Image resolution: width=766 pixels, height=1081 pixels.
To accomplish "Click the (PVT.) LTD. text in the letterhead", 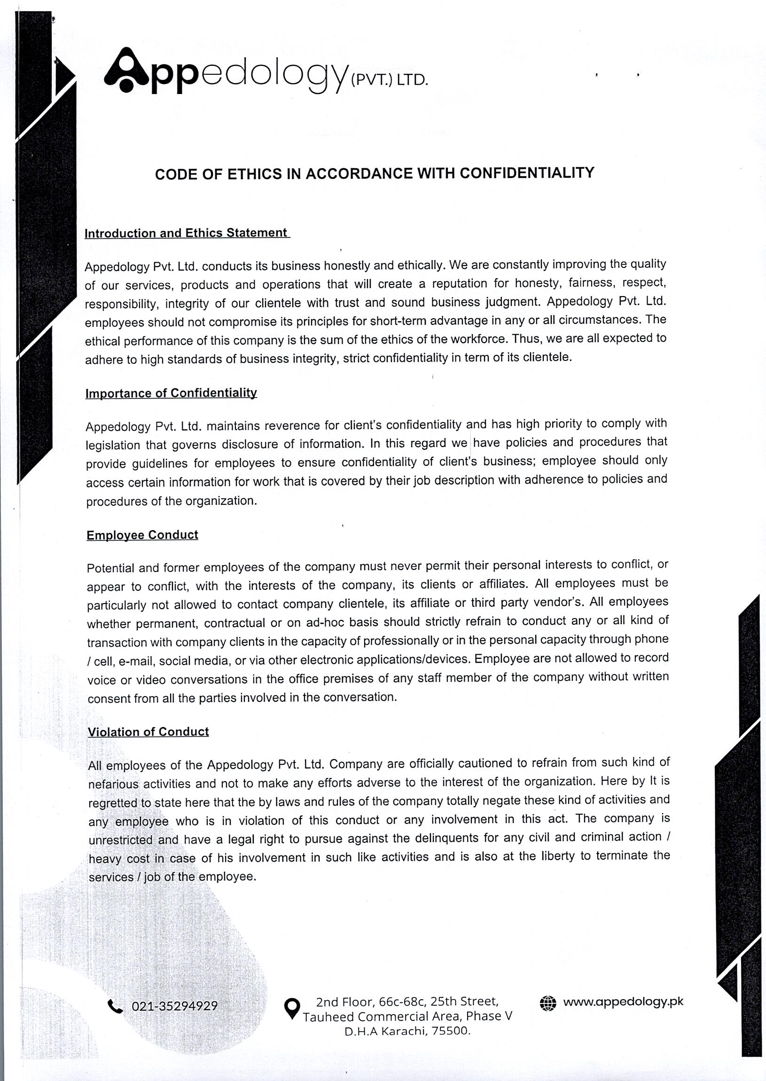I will click(389, 81).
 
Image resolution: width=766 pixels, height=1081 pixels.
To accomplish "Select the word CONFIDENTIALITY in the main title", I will click(526, 173).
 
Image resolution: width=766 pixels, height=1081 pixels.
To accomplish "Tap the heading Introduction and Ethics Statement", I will click(186, 233).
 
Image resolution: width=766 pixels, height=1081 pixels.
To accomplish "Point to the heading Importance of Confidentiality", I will click(171, 393).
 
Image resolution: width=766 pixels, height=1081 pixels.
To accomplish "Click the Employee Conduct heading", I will click(142, 535).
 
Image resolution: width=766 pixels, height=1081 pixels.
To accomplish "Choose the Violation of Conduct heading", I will click(148, 731).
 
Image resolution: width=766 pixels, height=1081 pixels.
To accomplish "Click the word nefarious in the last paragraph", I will click(113, 784).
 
